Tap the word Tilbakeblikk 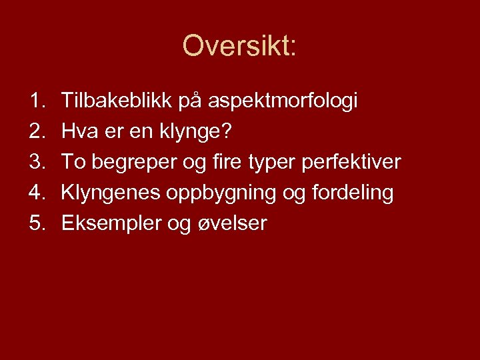point(116,101)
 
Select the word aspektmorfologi point(283,101)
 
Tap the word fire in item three point(217,162)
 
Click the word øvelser point(230,224)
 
